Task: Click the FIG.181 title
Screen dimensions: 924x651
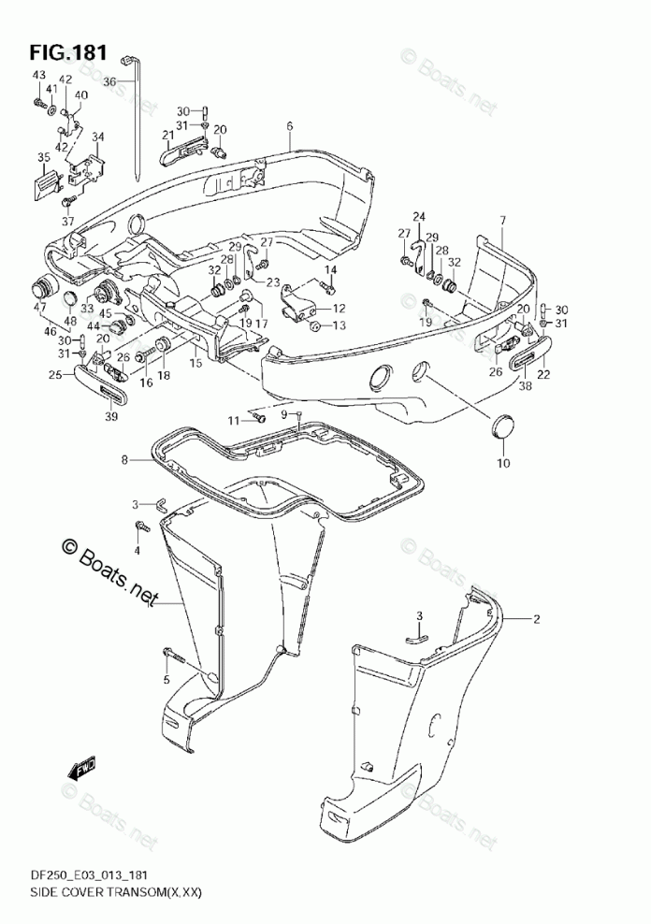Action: click(x=67, y=49)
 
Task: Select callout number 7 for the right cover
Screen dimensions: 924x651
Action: click(x=501, y=221)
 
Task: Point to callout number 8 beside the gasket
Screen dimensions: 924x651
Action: click(x=124, y=459)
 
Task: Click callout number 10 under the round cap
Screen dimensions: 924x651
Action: click(x=503, y=464)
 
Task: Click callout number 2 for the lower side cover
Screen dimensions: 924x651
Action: click(x=537, y=619)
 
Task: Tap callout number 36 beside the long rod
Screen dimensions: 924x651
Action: click(x=108, y=81)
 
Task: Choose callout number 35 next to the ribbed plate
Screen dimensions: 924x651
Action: click(x=43, y=156)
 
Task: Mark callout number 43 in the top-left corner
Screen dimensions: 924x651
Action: click(x=38, y=75)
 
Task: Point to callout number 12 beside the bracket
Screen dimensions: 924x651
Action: click(x=339, y=308)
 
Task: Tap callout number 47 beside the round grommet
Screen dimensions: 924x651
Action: click(x=40, y=308)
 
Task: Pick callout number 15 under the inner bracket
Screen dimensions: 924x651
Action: click(x=195, y=362)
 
